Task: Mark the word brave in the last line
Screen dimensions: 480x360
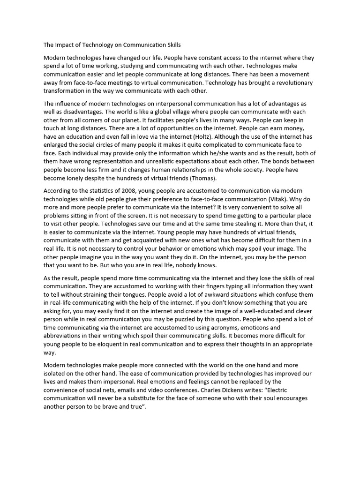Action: coord(112,406)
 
